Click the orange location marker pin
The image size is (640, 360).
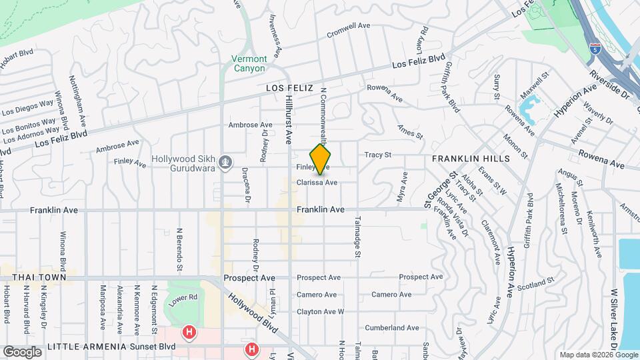[x=321, y=159]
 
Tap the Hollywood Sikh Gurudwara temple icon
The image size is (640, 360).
[x=226, y=161]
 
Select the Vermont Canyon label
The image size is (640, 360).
[x=249, y=63]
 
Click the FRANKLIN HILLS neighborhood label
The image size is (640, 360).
[x=470, y=159]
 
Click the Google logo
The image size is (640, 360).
[x=22, y=351]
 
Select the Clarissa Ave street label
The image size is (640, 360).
[x=317, y=182]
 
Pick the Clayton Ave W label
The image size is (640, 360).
[x=320, y=311]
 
